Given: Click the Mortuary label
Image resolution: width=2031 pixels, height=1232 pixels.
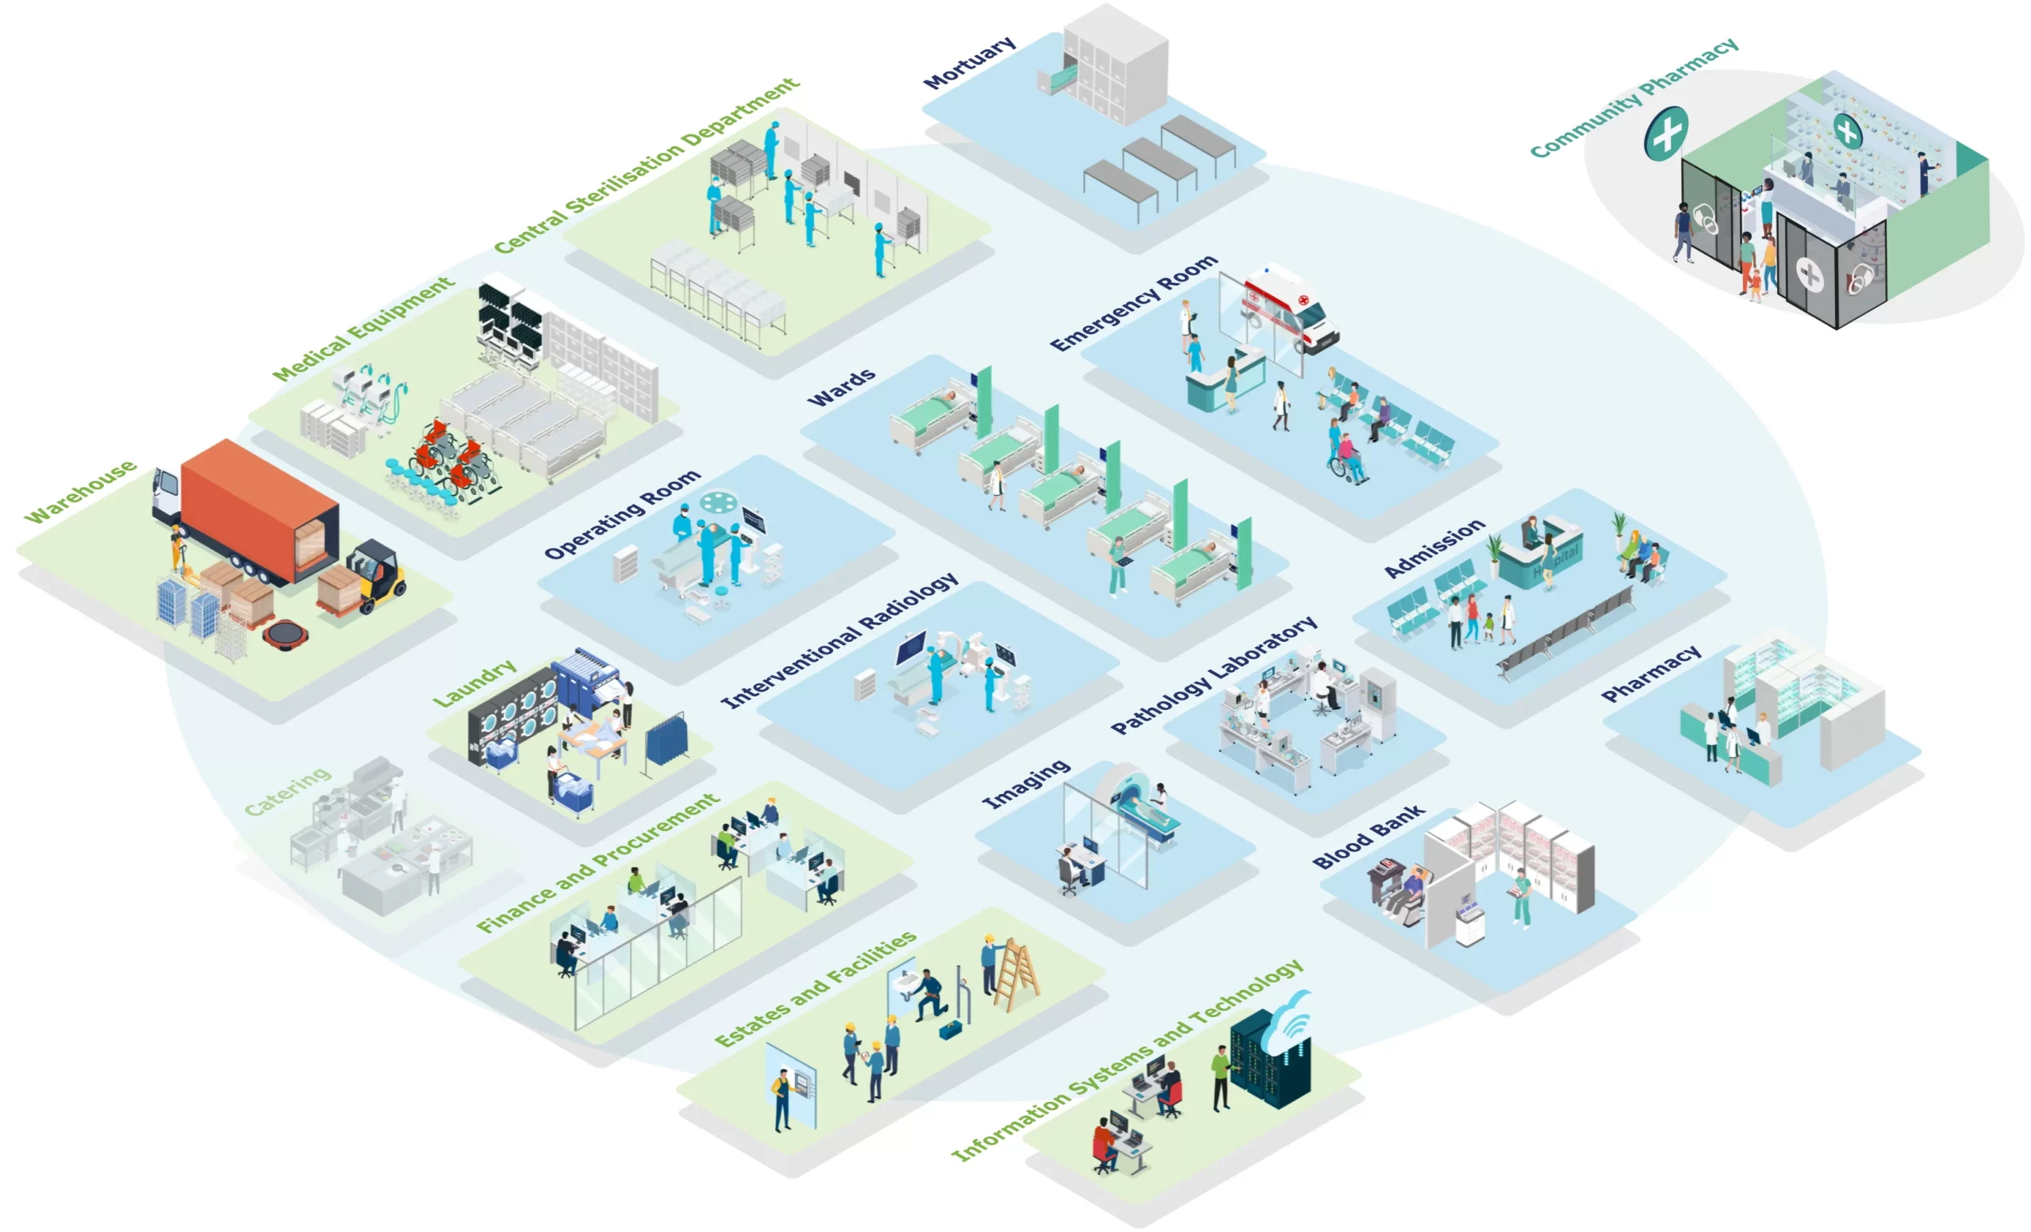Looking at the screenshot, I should click(969, 63).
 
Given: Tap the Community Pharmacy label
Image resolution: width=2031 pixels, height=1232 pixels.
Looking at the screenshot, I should click(1634, 97).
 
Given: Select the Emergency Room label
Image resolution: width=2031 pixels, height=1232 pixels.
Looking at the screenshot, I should click(1134, 303).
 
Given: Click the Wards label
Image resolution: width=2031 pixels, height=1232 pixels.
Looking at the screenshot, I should click(841, 387).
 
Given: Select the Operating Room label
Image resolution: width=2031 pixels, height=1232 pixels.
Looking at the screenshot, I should click(622, 514).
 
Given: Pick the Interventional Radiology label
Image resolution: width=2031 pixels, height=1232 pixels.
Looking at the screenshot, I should click(839, 640).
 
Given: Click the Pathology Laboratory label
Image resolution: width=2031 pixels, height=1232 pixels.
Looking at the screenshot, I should click(1213, 674).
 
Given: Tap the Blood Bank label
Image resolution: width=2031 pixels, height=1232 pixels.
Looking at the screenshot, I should click(1369, 836).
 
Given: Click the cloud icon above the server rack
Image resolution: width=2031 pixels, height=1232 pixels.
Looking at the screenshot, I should click(1288, 1022).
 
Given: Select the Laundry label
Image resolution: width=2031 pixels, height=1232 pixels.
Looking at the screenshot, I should click(474, 682).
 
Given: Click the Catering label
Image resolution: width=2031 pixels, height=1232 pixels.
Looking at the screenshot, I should click(288, 791).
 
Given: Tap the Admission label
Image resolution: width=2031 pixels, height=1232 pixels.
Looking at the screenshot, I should click(1434, 548).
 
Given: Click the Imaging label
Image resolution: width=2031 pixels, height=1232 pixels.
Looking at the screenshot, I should click(1027, 784).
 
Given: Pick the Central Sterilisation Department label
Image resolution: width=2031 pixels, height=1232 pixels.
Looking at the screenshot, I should click(647, 166).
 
